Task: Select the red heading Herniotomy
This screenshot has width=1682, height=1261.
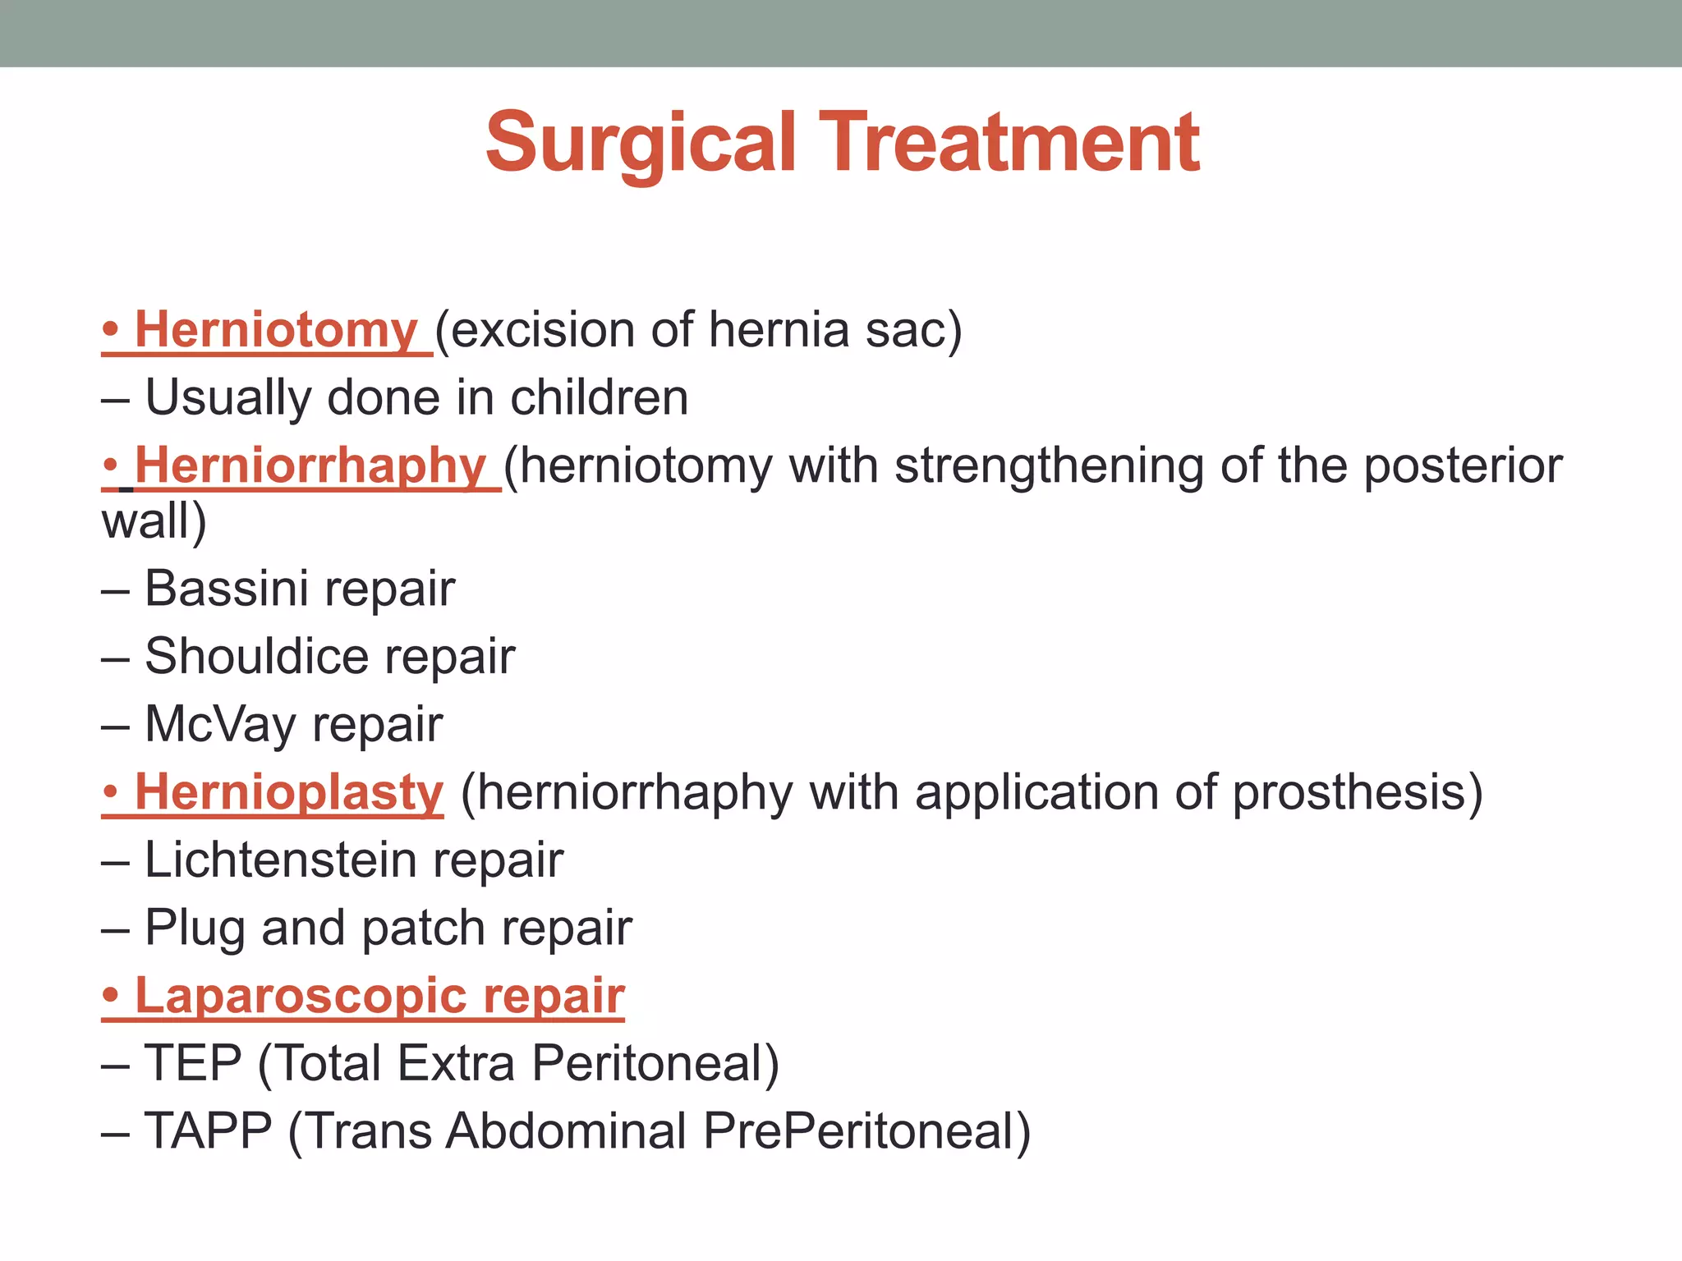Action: (276, 330)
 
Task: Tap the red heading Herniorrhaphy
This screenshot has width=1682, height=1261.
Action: (310, 465)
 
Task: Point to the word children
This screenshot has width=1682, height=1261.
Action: (599, 398)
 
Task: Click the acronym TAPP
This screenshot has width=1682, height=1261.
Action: (208, 1132)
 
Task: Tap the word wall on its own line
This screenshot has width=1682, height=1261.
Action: (145, 522)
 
